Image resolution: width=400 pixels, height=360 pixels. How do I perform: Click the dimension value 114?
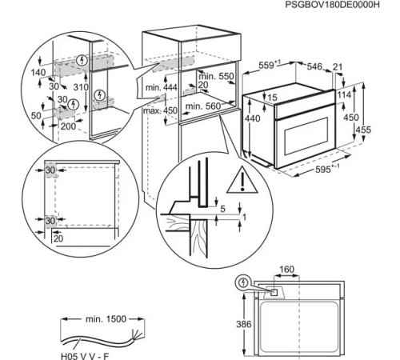coord(345,96)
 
